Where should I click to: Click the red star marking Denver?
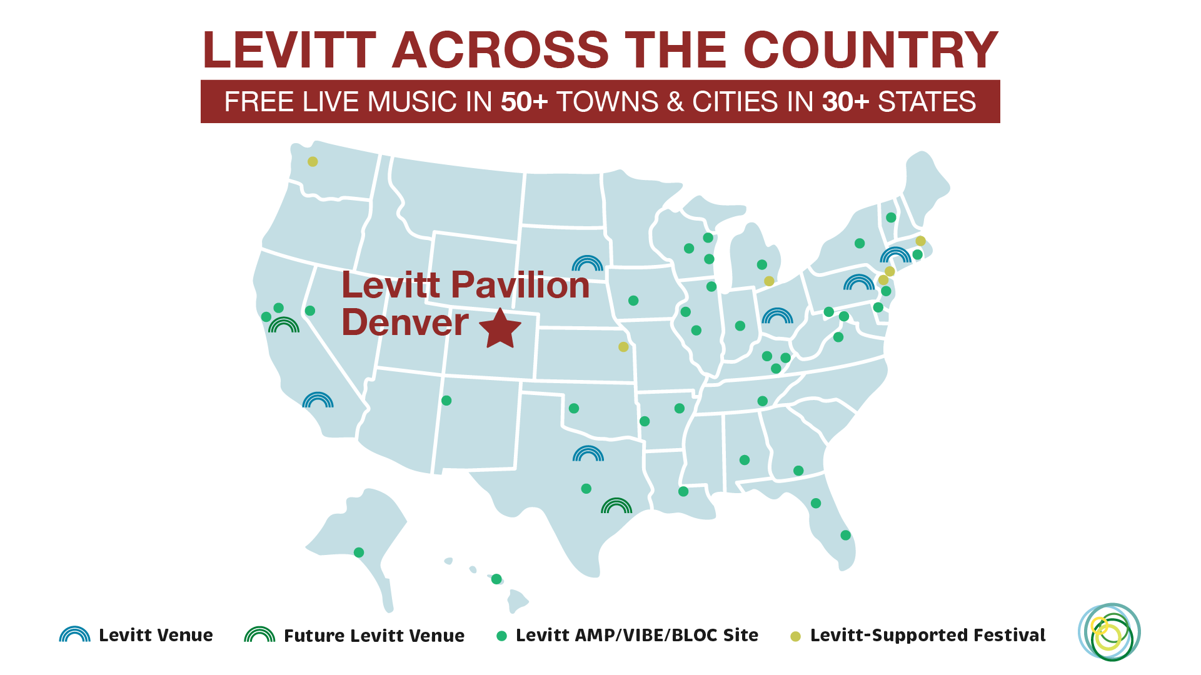tap(500, 329)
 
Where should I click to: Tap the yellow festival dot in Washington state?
tap(313, 162)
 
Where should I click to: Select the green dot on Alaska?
tap(359, 552)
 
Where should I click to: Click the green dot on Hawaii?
tap(496, 579)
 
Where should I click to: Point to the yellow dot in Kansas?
tap(623, 347)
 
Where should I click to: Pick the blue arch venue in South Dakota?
tap(587, 264)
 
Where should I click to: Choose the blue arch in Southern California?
tap(318, 401)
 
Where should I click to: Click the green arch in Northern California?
tap(284, 326)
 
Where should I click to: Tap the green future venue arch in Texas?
tap(616, 506)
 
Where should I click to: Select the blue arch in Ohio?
tap(777, 316)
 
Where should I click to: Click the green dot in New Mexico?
tap(446, 401)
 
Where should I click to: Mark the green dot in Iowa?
tap(633, 301)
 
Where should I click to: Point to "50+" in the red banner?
tap(524, 102)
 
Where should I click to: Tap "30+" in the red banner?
tap(845, 102)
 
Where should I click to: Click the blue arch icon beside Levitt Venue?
tap(74, 635)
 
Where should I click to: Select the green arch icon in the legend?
tap(259, 635)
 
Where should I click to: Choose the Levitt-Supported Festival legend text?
tap(927, 636)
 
